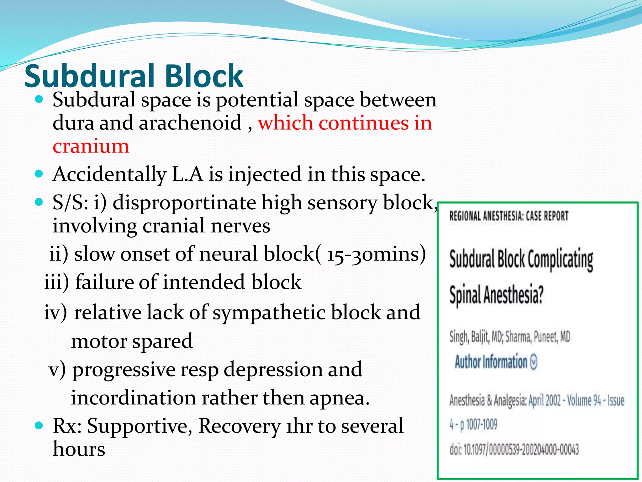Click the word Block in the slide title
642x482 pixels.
point(204,76)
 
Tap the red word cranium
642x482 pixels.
point(91,146)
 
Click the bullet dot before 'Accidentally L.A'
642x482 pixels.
point(39,174)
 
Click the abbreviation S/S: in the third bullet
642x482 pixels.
point(70,203)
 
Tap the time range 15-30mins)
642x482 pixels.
point(376,254)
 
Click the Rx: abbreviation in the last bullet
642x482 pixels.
point(67,426)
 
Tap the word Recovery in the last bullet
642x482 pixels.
point(239,426)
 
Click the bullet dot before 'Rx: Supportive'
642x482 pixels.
point(39,426)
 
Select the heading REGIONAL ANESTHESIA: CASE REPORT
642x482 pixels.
point(508,216)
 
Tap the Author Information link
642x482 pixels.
point(491,362)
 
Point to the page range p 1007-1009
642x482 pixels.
point(478,425)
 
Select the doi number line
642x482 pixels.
point(514,449)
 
